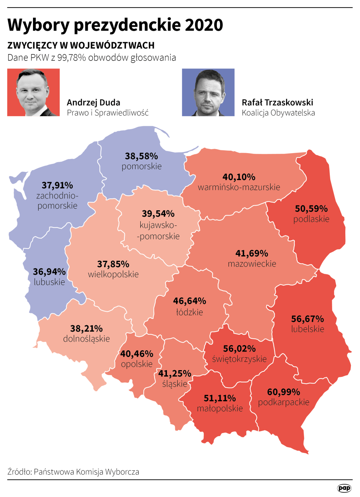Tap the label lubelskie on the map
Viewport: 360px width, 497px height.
(308, 329)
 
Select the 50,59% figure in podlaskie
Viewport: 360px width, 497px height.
(311, 208)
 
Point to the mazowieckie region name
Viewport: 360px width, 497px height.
(252, 264)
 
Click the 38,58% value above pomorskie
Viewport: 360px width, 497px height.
(141, 156)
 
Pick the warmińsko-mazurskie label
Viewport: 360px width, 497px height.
(239, 187)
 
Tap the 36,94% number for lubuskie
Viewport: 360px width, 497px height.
(49, 272)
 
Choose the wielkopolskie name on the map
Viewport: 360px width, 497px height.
(113, 274)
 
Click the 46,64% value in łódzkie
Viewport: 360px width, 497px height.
(190, 301)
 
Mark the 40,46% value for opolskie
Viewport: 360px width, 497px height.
(137, 353)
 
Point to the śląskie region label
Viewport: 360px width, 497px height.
(175, 384)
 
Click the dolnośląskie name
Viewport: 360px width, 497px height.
(86, 339)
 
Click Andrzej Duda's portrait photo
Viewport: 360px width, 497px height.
(33, 92)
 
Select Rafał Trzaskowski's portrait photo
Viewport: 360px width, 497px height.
(208, 92)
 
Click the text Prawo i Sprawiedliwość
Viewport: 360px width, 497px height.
(108, 113)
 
